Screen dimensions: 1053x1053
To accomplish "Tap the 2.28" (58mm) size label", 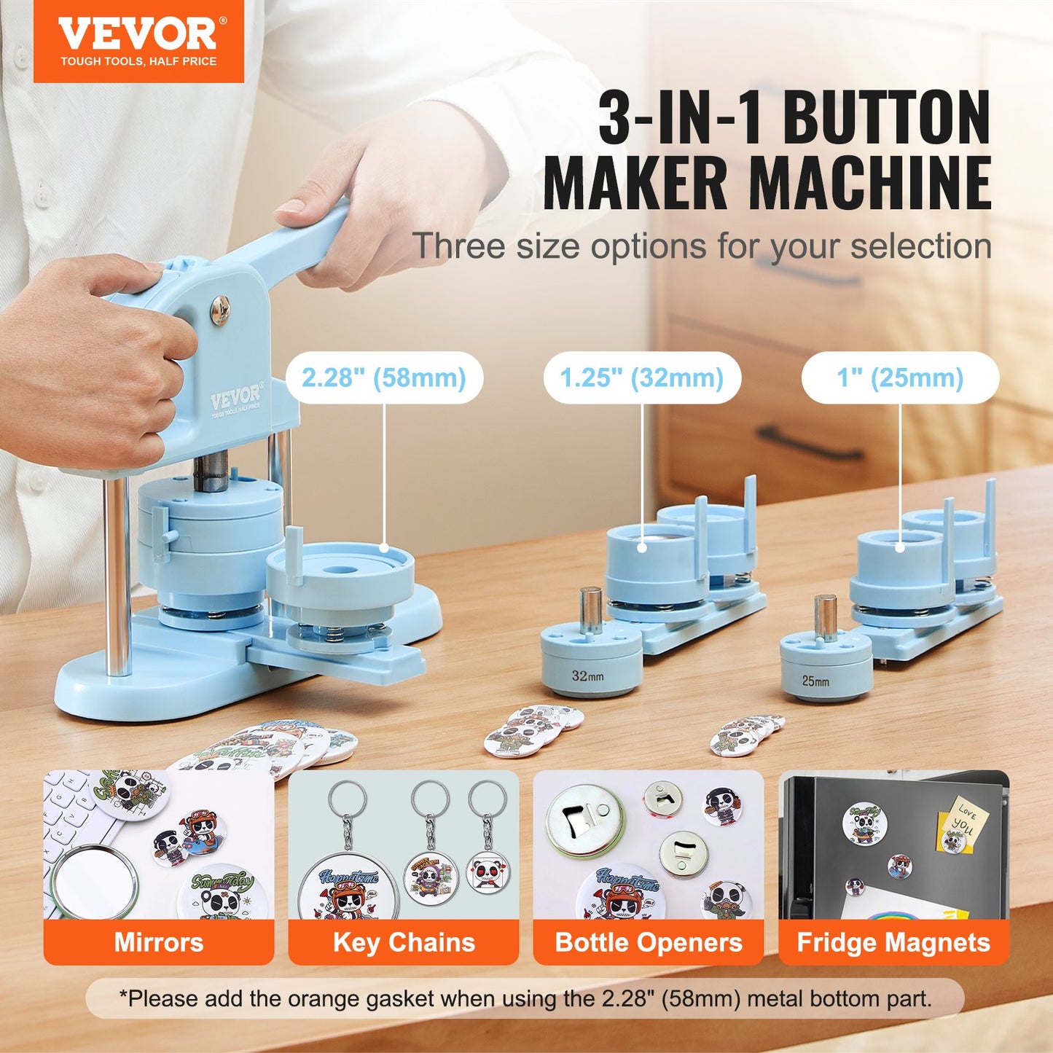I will [383, 377].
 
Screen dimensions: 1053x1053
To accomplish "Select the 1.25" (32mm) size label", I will [641, 377].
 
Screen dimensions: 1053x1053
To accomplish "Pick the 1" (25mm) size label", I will [900, 377].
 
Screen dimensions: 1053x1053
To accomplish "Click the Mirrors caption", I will [158, 942].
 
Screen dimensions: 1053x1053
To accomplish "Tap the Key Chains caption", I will [404, 942].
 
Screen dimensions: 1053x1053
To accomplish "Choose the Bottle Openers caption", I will [649, 942].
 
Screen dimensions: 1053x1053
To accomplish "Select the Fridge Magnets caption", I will [893, 942].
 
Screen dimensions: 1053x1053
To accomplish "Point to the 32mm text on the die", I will [587, 676].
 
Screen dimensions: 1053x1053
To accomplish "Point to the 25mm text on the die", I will [815, 681].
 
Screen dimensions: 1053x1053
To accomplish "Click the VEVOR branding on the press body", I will [235, 400].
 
